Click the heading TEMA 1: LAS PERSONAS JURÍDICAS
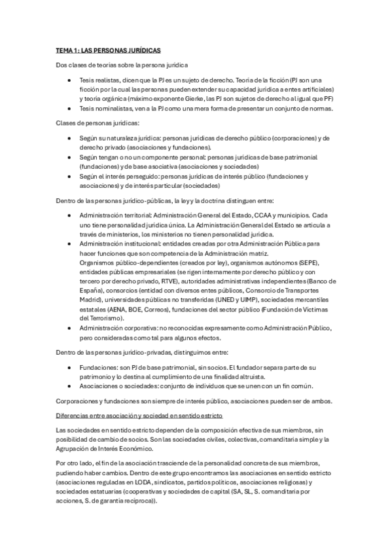coord(108,50)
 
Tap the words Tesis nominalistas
coord(105,109)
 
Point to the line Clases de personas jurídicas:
coord(96,123)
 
